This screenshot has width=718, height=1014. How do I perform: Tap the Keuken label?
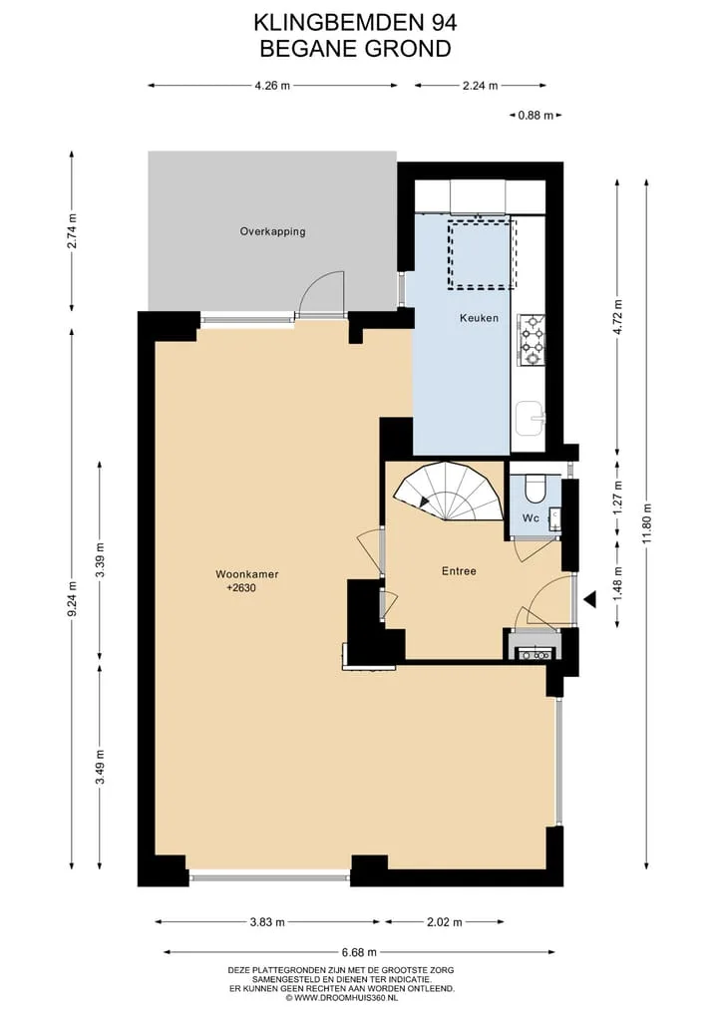480,317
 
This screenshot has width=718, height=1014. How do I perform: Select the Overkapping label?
272,231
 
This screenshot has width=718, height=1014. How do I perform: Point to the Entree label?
460,571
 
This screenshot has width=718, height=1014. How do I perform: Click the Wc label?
531,518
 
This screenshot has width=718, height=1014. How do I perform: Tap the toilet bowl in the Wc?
535,489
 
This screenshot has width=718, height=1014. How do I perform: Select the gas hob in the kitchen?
532,340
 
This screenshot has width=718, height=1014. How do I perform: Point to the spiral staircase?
450,492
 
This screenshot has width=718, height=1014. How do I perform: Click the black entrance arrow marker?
589,601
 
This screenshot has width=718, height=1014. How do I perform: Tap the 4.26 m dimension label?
272,86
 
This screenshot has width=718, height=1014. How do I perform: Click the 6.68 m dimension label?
359,952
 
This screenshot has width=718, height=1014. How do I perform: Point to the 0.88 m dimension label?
536,116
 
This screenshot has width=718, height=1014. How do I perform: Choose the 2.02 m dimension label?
445,922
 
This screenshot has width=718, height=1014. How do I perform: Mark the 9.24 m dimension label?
72,599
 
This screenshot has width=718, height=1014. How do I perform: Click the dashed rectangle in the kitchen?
483,253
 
